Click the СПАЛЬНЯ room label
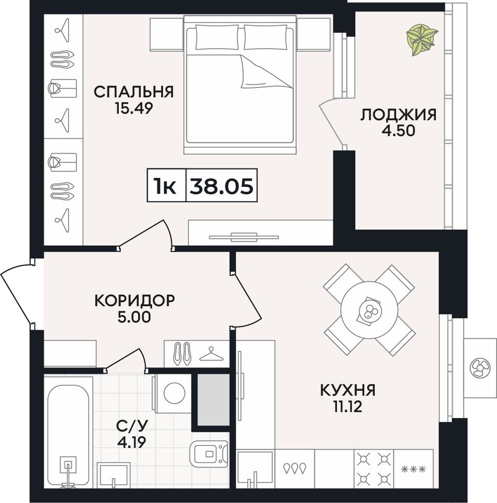pos(134,92)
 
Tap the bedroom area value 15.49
pos(134,108)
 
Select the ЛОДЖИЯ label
pos(398,115)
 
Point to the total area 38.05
pos(221,186)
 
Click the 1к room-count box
pos(166,185)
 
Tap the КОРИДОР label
pos(134,300)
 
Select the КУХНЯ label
pos(347,390)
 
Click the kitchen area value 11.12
pos(347,407)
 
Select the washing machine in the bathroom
pos(172,393)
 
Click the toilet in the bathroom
pos(209,453)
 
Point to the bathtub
pos(69,435)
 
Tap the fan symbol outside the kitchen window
pos(480,367)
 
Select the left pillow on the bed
pos(217,38)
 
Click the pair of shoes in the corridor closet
pos(182,354)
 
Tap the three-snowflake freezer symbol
pos(413,470)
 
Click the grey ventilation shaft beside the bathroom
pos(213,400)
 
